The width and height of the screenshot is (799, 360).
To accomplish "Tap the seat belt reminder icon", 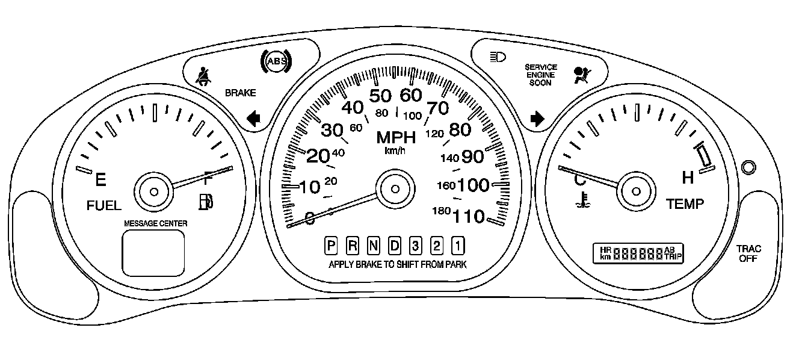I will pos(204,78).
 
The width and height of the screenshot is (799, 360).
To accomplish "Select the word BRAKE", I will pos(240,93).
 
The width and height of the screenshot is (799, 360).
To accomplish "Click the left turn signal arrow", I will pos(253,118).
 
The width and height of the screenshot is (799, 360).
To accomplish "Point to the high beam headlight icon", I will pos(498,57).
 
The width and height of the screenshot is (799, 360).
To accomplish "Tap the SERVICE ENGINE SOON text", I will pos(541,75).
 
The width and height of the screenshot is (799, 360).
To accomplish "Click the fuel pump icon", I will pos(206,202).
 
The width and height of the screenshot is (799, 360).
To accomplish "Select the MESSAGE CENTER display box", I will pos(153,253).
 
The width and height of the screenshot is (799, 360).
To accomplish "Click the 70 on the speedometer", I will pos(437,108).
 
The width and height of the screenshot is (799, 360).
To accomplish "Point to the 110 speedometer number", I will pos(469,216).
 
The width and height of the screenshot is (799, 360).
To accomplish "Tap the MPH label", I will pos(396,137).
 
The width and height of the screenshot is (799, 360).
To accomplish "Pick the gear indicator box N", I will pos(374,246).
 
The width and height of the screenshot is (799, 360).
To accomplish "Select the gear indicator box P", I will pos(331,246).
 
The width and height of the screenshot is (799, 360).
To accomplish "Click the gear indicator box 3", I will pos(415,246).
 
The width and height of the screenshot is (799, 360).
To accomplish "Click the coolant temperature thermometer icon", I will pos(581,200).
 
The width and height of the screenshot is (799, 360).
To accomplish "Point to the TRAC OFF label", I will pos(749,253).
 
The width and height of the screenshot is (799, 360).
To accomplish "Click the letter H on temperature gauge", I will pos(688,177).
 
